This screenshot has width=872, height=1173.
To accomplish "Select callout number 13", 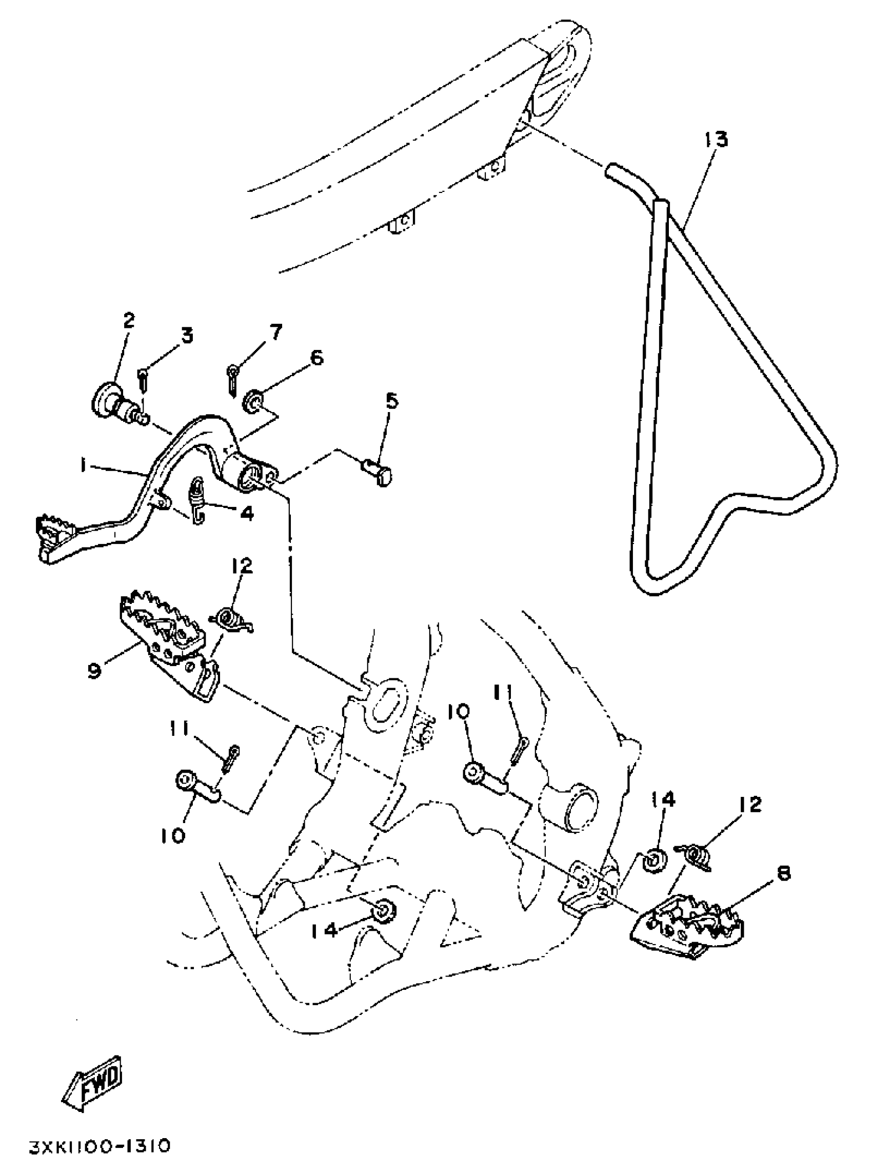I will [x=716, y=140].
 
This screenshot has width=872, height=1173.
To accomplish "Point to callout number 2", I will [x=128, y=320].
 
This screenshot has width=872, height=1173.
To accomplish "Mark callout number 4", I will [x=247, y=513].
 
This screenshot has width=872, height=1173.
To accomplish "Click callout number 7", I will [x=275, y=332].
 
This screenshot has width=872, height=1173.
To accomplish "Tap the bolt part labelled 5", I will [x=379, y=470].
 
